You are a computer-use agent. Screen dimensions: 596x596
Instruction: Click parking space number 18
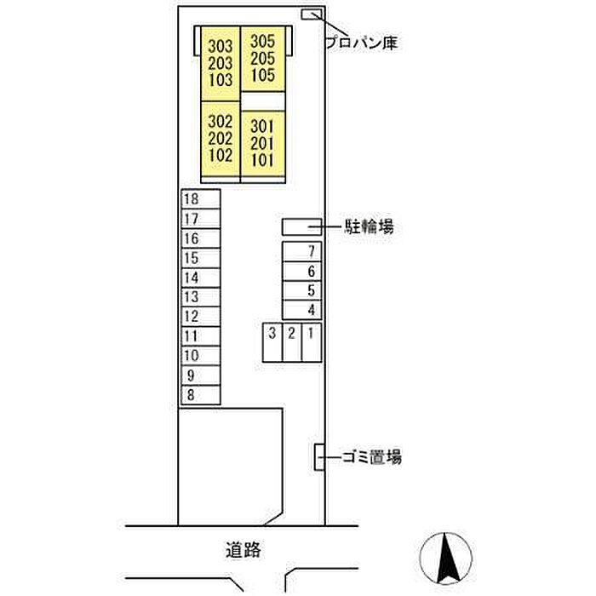tap(201, 198)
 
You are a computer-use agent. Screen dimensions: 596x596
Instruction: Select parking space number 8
tap(201, 395)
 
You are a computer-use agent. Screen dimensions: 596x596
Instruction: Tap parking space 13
tap(201, 297)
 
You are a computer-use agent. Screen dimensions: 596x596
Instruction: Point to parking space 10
tap(201, 356)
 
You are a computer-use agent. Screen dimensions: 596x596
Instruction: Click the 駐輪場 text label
tap(369, 226)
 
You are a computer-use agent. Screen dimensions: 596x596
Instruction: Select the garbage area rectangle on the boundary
tap(320, 457)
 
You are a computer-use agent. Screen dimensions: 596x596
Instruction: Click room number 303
tap(220, 46)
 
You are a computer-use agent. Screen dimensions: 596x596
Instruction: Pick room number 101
tap(262, 158)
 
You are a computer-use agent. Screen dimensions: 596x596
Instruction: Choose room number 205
tap(263, 58)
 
